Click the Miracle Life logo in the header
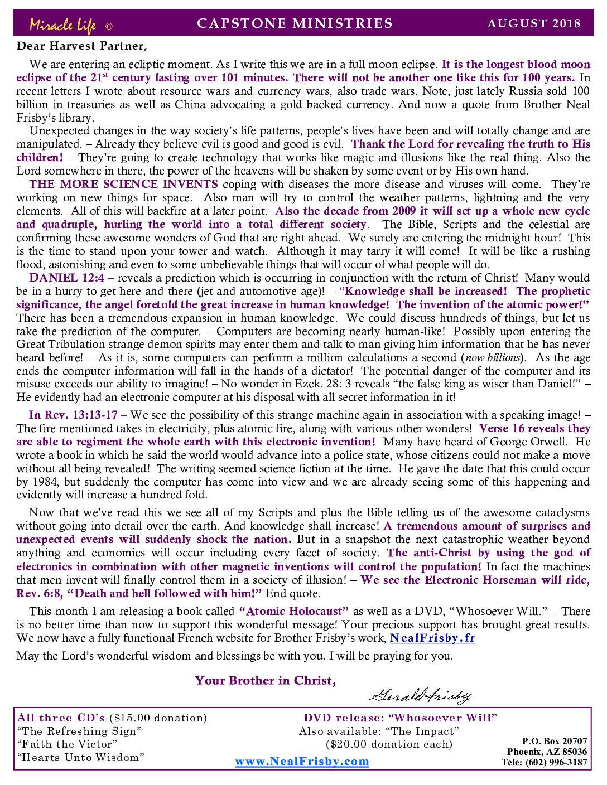tap(63, 25)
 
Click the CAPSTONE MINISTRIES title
tap(295, 23)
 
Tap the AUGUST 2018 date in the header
tap(534, 23)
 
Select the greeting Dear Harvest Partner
tap(82, 46)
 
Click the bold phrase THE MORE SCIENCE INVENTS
tap(123, 185)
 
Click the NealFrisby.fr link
tap(432, 638)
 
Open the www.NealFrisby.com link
tap(302, 762)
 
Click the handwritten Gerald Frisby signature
tap(421, 695)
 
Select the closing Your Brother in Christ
tap(265, 681)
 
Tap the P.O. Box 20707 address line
tap(554, 741)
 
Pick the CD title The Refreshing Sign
tap(79, 731)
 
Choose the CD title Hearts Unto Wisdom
tap(80, 758)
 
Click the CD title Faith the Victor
tap(67, 744)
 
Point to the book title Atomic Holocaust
tap(294, 612)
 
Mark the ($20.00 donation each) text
tap(389, 744)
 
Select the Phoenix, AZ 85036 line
tap(547, 752)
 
